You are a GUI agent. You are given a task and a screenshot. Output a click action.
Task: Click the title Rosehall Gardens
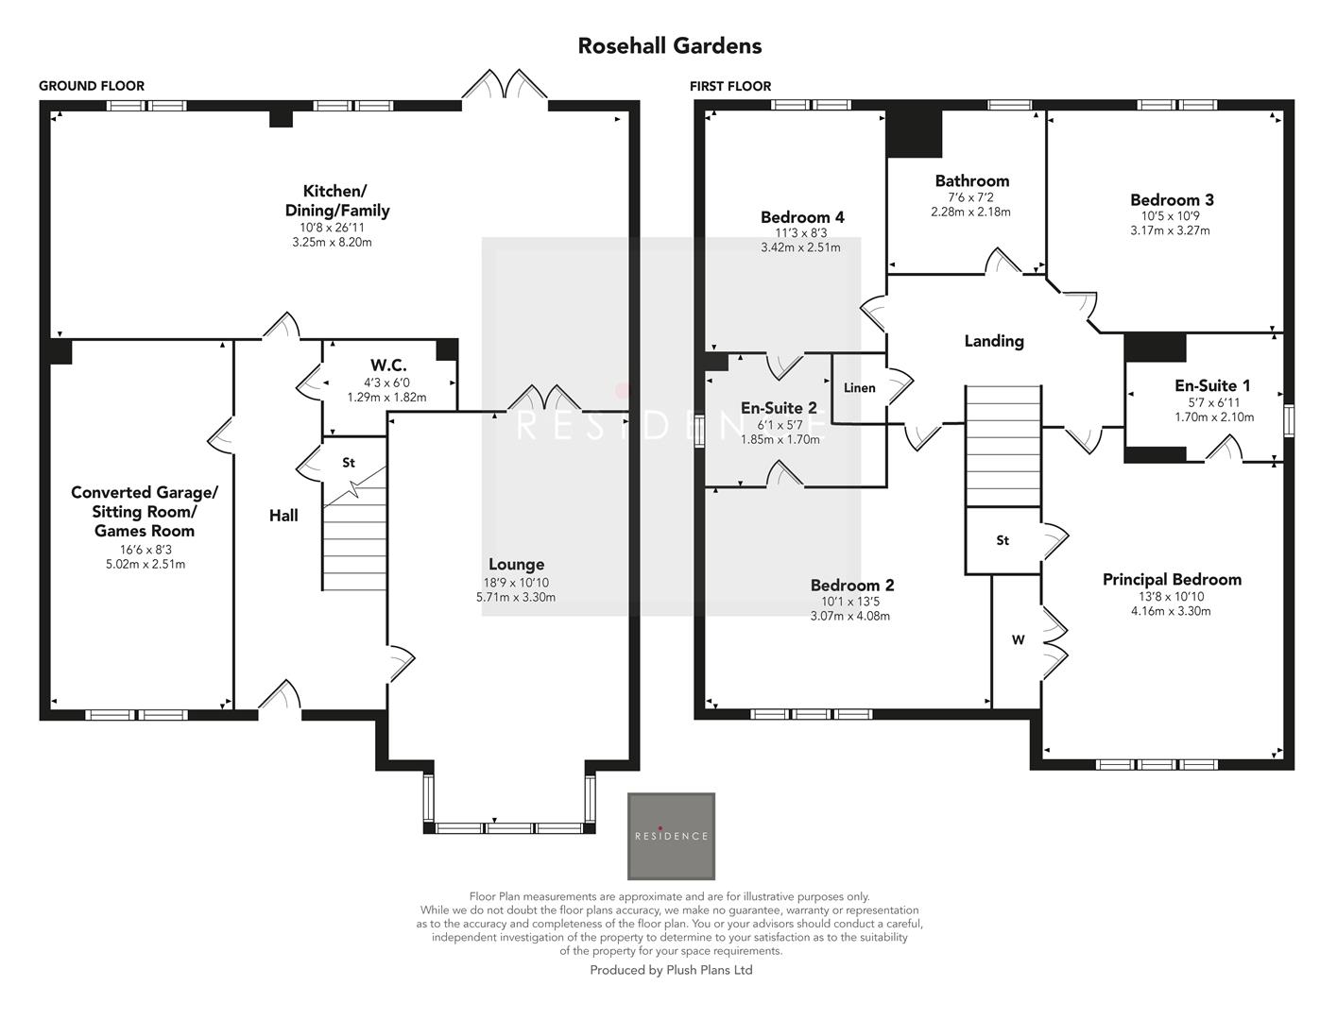click(x=669, y=45)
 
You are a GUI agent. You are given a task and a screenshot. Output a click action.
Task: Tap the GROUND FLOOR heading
click(x=92, y=86)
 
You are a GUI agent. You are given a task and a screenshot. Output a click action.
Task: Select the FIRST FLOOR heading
click(x=730, y=86)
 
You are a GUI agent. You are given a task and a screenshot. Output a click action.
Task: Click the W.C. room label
click(x=387, y=365)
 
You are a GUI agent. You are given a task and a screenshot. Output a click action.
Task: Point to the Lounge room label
click(x=516, y=565)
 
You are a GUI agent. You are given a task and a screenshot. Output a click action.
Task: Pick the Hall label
click(x=283, y=515)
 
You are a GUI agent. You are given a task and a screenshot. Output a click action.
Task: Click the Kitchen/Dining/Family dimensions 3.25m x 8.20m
click(x=332, y=243)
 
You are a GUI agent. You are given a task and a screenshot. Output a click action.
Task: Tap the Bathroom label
click(x=971, y=180)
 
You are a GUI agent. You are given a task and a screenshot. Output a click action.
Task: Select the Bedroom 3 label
click(x=1172, y=199)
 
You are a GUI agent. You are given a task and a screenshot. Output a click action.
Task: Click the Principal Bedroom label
click(x=1172, y=579)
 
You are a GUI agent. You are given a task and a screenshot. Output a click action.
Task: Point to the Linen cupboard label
click(x=859, y=388)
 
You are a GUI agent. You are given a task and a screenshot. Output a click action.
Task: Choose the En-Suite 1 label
click(x=1212, y=385)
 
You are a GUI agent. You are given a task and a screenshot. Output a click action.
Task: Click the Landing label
click(x=993, y=341)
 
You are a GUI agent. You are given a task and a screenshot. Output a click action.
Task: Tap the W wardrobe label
click(x=1018, y=640)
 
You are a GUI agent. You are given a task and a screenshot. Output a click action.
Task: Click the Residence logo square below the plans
click(x=671, y=836)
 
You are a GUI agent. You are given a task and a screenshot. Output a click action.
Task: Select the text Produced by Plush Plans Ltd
click(x=671, y=970)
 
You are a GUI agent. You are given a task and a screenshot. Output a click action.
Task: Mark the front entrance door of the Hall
click(x=280, y=699)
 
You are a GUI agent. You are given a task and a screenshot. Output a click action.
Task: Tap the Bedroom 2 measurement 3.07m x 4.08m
click(x=849, y=617)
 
